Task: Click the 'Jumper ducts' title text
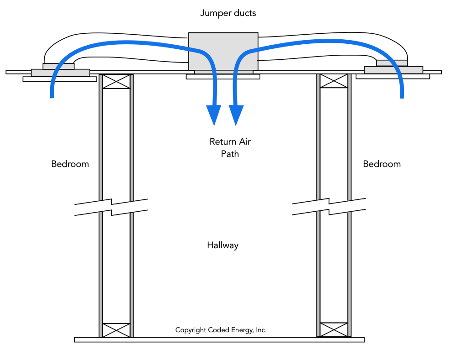(x=228, y=13)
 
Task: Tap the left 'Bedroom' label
(x=70, y=164)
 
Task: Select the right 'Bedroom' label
(x=382, y=164)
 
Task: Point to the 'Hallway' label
(x=223, y=245)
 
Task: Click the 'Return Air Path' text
(x=230, y=147)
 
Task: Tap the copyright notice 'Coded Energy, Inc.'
(x=221, y=330)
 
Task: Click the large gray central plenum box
(x=223, y=50)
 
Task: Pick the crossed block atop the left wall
(x=116, y=81)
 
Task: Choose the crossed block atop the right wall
(x=334, y=81)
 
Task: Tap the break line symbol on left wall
(x=112, y=207)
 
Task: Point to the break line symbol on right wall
(x=329, y=207)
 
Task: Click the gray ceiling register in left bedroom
(x=60, y=72)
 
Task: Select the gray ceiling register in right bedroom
(x=393, y=69)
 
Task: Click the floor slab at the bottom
(x=219, y=340)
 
